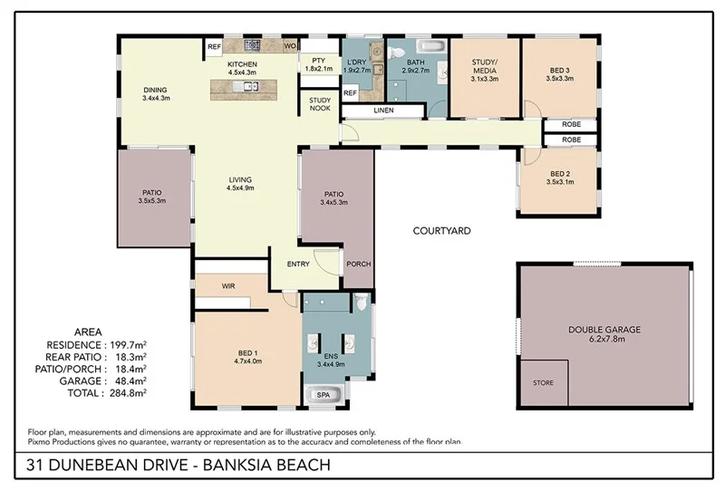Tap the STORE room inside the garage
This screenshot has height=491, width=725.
(x=543, y=382)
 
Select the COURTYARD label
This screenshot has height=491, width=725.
(x=441, y=231)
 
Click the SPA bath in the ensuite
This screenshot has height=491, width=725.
(x=323, y=395)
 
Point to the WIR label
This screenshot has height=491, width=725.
(x=228, y=284)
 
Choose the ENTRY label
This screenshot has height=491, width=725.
(x=297, y=265)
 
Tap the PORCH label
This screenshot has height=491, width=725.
(x=359, y=265)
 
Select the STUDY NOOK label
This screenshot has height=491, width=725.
(x=319, y=105)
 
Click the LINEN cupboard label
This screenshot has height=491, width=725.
(x=382, y=111)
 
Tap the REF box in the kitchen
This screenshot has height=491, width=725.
(x=215, y=46)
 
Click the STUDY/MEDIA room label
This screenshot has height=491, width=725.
(x=485, y=68)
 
